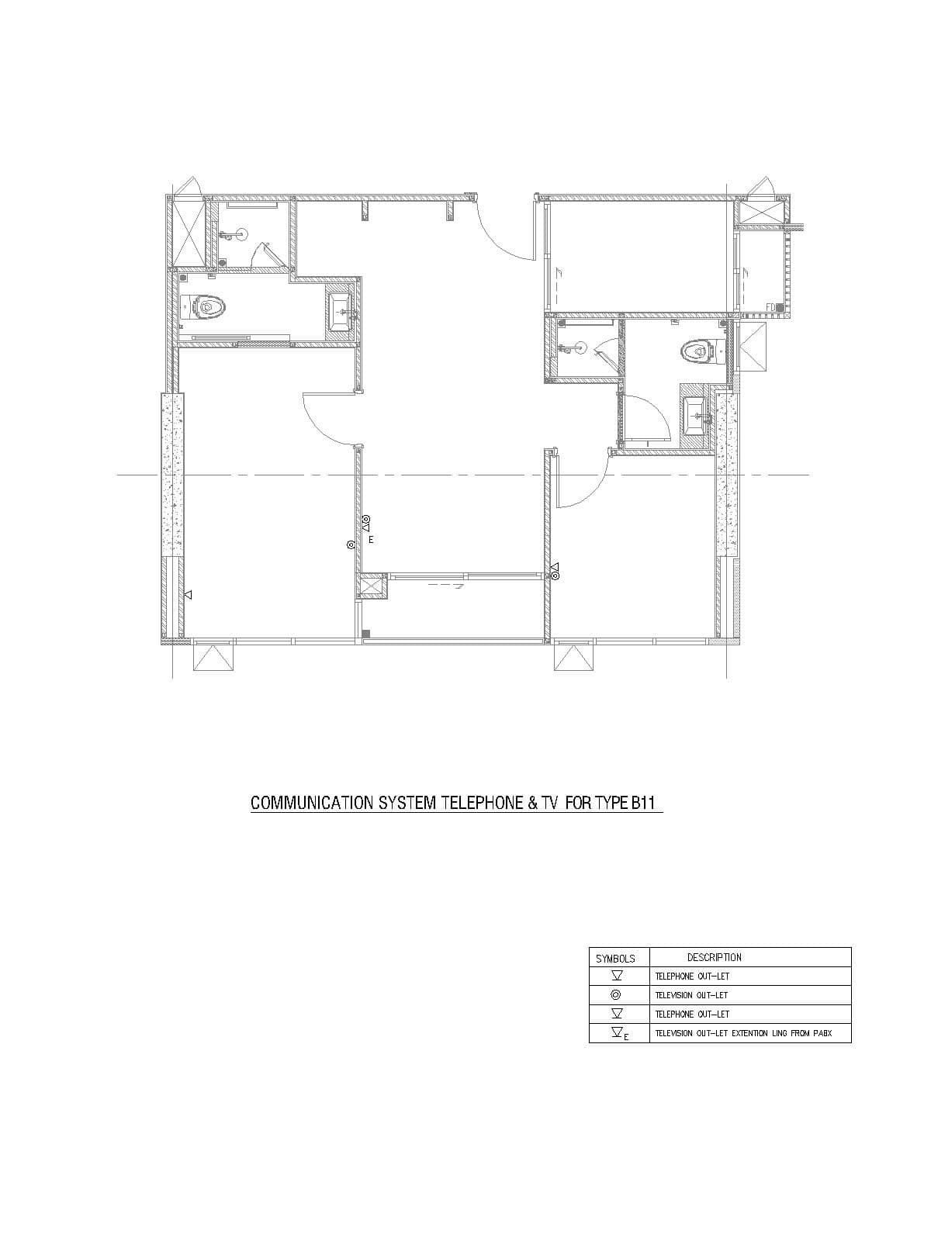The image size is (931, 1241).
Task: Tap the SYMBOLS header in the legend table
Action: coord(615,959)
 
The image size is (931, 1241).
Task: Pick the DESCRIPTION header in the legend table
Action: coord(714,957)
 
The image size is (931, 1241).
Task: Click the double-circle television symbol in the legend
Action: coord(616,995)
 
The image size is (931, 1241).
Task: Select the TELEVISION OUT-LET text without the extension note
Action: coord(691,995)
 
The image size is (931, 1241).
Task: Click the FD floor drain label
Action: coord(771,307)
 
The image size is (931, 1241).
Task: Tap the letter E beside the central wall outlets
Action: coord(371,540)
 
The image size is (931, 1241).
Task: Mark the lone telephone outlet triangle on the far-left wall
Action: coord(189,595)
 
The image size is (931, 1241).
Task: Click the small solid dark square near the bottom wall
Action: coord(365,634)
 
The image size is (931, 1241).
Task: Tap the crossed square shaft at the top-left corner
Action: coord(189,233)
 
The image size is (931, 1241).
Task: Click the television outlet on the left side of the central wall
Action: coord(351,545)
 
